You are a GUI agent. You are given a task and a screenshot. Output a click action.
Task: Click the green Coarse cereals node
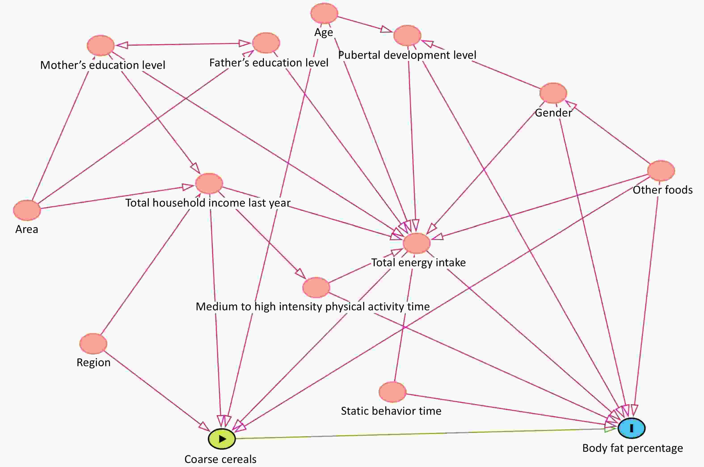(221, 439)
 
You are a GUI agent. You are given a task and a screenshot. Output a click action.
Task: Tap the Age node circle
(324, 13)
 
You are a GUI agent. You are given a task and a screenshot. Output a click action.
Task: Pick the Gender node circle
(553, 93)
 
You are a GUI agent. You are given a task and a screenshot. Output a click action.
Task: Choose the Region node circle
(93, 344)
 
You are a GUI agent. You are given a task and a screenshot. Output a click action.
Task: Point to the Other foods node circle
(661, 171)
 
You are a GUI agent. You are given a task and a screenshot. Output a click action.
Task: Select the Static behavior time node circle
(392, 392)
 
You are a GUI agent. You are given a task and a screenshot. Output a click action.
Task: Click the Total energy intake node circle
(416, 243)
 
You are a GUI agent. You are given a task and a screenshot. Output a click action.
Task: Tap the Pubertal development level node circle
(407, 36)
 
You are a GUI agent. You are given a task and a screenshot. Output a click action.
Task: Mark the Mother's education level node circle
(101, 46)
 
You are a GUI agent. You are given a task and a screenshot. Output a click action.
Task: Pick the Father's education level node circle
(266, 43)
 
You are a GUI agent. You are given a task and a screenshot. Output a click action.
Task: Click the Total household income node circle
(209, 183)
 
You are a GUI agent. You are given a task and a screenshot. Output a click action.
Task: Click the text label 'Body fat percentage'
(632, 448)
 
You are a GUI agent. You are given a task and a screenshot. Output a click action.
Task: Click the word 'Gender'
(553, 113)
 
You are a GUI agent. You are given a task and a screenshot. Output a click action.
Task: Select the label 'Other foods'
(662, 190)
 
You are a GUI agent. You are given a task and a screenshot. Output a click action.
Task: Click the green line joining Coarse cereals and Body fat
(417, 434)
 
